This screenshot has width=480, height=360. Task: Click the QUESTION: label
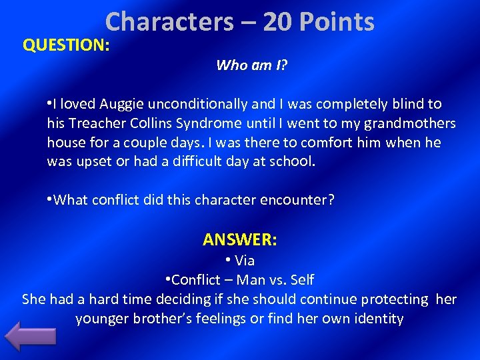(x=65, y=45)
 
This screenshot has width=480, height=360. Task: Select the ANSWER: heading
(x=240, y=239)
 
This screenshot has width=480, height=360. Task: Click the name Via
(x=245, y=261)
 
